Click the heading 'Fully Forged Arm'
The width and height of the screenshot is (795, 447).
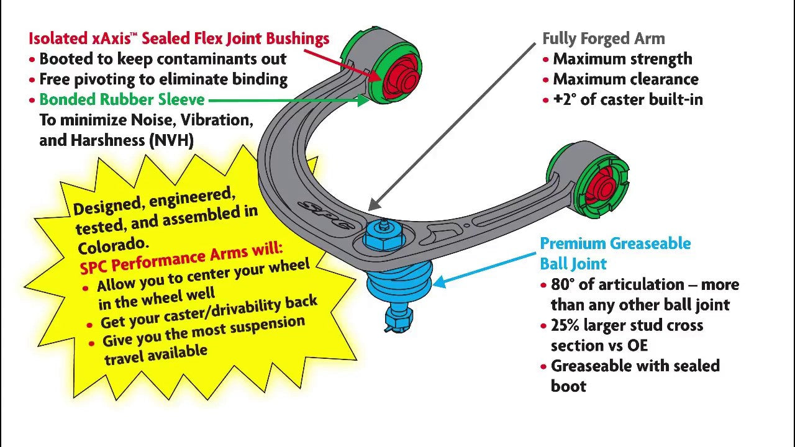pos(603,38)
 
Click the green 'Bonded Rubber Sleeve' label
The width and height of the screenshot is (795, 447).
pos(122,99)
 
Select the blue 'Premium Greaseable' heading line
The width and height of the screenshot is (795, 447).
pos(615,243)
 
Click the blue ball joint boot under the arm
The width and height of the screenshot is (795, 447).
pos(399,282)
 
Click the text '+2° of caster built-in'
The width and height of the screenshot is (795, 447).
pos(627,99)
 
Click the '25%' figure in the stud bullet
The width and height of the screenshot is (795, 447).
pos(567,325)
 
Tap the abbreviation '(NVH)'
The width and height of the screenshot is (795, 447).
pos(171,140)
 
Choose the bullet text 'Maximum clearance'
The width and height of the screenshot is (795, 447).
pos(625,79)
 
